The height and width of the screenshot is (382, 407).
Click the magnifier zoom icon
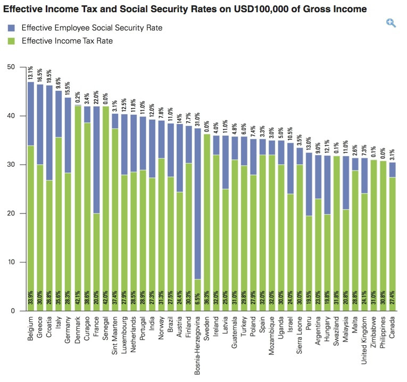coord(391,23)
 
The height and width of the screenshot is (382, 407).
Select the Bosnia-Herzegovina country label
coord(198,343)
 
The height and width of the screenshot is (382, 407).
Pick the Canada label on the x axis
coord(392,327)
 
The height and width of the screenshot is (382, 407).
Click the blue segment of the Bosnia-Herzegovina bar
coord(198,202)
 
